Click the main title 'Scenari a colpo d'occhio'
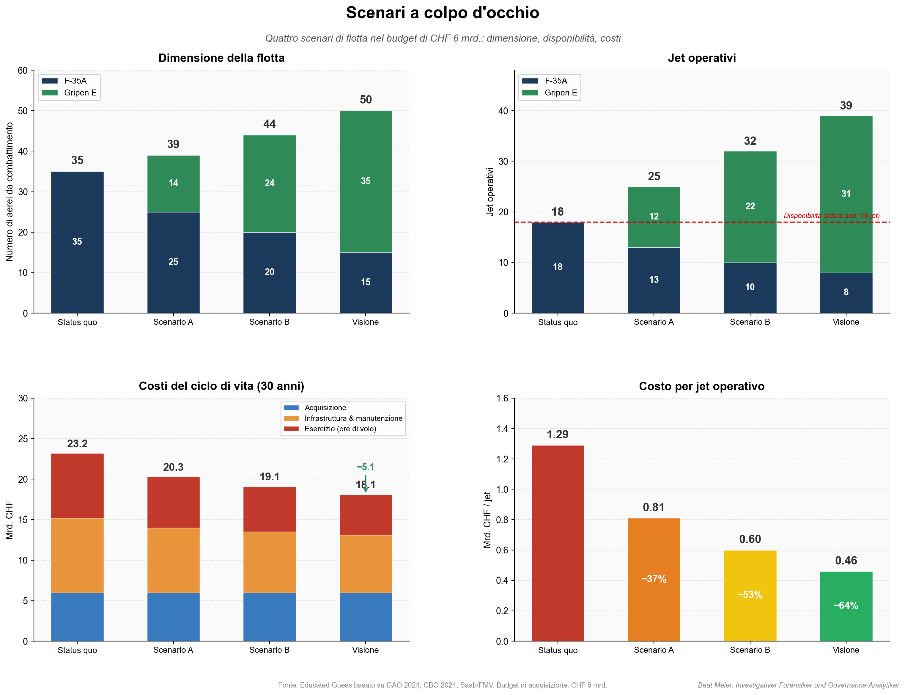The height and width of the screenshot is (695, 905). point(442,13)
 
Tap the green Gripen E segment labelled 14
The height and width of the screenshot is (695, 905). point(173,183)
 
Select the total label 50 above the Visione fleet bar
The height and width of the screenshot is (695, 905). point(366,100)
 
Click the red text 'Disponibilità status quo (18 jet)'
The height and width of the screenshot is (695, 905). point(831,216)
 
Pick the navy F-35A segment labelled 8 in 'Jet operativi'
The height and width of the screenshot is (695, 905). point(846,292)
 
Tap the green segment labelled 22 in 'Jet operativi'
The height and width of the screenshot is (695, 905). point(750,206)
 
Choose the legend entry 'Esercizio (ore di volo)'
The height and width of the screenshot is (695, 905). point(340,429)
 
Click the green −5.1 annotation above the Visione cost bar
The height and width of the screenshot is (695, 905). point(366,467)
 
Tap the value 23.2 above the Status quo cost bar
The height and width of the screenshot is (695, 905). point(77,444)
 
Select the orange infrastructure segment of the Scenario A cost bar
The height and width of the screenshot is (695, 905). point(173,560)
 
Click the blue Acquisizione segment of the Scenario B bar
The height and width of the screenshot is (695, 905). point(270,616)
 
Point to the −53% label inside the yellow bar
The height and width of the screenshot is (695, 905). point(750,595)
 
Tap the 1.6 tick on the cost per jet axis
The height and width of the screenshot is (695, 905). point(502,399)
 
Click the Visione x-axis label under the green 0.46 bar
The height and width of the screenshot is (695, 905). point(846,650)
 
